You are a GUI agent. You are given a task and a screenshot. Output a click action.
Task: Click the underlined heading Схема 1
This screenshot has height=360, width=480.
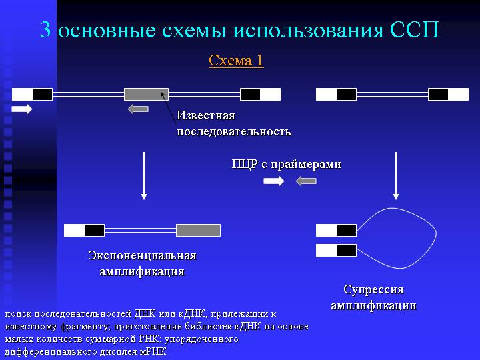point(236,61)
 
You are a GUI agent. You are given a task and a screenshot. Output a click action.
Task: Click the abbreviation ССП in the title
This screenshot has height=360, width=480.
point(415,30)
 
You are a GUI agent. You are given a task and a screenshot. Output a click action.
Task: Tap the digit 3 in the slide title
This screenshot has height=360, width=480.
point(45,30)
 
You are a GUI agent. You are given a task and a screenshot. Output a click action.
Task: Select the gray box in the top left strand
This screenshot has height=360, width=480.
point(146,94)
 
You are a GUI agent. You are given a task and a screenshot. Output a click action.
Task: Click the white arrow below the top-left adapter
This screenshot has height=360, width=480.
point(22,109)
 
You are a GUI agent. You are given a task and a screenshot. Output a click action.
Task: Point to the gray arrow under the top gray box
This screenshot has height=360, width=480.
point(138,109)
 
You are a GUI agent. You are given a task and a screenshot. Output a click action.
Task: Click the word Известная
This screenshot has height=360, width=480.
point(206,115)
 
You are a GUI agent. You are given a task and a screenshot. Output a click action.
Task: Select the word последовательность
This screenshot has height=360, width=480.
point(233,131)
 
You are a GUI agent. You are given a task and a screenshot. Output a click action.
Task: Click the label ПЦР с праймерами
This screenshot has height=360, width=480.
point(286,165)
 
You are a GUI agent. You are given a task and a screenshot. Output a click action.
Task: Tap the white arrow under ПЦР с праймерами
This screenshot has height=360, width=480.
point(274,181)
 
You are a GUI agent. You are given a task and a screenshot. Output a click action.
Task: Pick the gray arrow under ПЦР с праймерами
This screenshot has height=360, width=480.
point(306,181)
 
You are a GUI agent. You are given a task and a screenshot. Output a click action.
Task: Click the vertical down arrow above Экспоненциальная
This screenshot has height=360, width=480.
point(144,176)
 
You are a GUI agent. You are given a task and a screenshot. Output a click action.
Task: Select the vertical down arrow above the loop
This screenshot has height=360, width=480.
point(396,176)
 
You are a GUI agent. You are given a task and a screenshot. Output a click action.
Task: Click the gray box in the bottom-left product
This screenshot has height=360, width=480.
point(199,230)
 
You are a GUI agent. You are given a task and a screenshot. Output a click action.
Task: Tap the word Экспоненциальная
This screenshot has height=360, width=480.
point(142,255)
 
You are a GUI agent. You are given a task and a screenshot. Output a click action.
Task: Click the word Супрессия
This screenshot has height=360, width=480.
point(373,289)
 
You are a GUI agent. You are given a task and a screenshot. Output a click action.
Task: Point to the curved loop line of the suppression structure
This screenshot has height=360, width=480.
point(436,234)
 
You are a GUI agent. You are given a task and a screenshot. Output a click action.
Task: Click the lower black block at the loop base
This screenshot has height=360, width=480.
point(346,251)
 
